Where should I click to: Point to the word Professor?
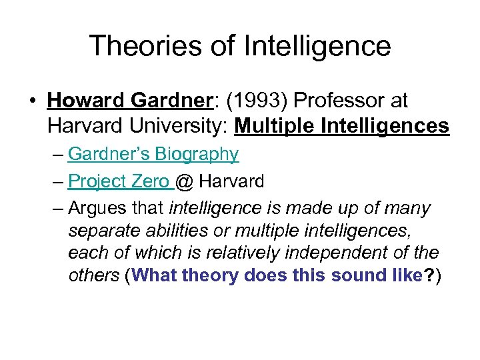coord(339,101)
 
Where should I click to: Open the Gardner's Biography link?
coord(153,154)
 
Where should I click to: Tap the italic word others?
coord(93,276)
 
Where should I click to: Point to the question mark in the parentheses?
coord(429,276)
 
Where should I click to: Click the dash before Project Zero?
coord(57,181)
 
